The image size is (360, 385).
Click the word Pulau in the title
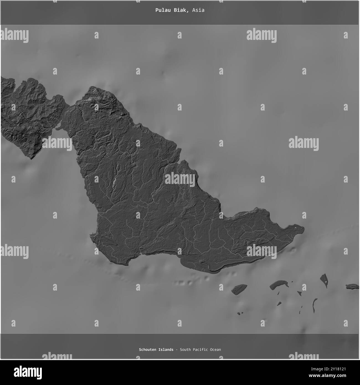161,10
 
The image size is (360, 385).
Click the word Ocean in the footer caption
215,350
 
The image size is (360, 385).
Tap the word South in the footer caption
185,350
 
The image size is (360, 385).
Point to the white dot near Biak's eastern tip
295,228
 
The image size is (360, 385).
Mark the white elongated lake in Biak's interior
114,183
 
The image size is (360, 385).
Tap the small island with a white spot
324,280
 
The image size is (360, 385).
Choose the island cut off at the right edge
353,286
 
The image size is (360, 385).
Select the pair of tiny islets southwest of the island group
240,313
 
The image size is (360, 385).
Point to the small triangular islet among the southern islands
299,293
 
